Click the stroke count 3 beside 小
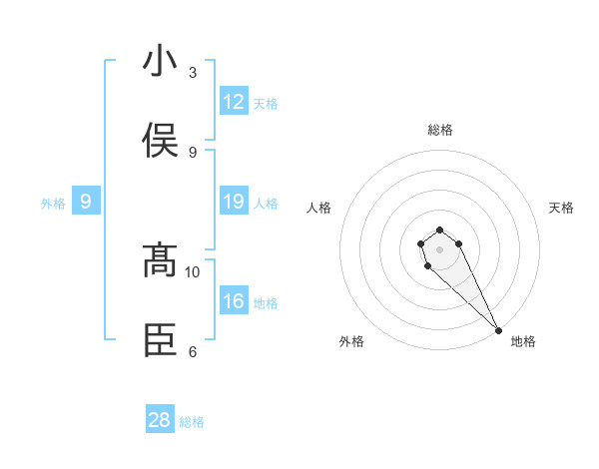click(193, 72)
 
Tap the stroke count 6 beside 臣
click(193, 351)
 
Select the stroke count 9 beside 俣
click(193, 152)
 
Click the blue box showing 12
click(234, 102)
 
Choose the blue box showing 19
click(234, 202)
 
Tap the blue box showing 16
click(234, 301)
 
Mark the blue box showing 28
click(160, 420)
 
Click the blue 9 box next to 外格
click(86, 202)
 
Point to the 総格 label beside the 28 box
click(192, 422)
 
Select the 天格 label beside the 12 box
click(266, 104)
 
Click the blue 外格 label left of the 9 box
click(53, 204)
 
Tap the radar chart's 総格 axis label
click(440, 130)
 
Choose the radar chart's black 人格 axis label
click(319, 208)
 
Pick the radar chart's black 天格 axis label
click(561, 208)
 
